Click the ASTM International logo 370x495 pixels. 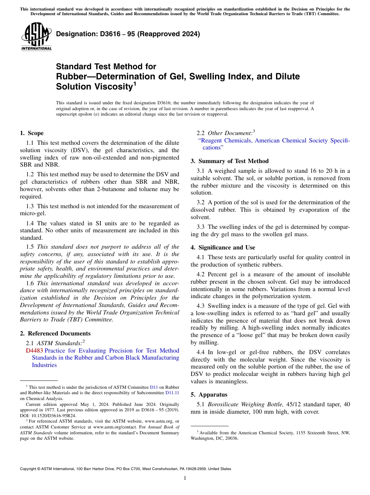pyautogui.click(x=36, y=36)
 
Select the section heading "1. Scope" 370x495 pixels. pyautogui.click(x=32, y=133)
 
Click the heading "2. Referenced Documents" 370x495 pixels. pyautogui.click(x=55, y=334)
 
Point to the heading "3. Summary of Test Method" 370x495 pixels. pyautogui.click(x=229, y=161)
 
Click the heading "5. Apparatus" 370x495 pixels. pyautogui.click(x=209, y=395)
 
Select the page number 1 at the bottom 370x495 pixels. pyautogui.click(x=185, y=478)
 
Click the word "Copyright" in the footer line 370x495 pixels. pyautogui.click(x=30, y=469)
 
